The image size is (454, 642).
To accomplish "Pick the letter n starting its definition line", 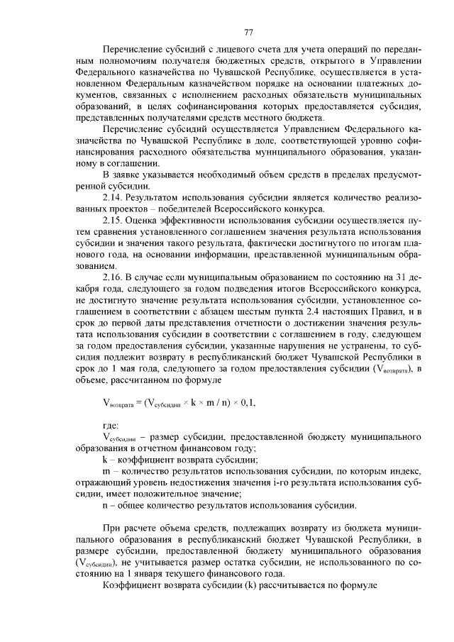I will pyautogui.click(x=106, y=506).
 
